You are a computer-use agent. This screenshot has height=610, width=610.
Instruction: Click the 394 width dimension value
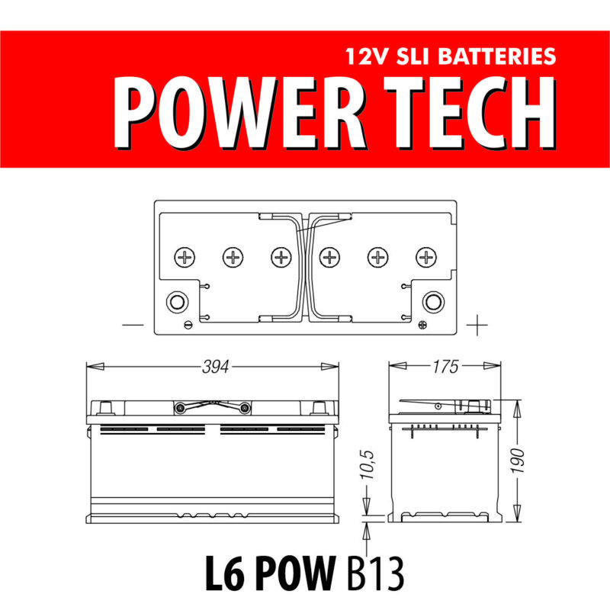tap(217, 367)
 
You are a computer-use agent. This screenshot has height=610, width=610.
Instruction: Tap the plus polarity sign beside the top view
tap(477, 326)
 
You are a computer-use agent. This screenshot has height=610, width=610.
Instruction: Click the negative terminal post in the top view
tap(177, 300)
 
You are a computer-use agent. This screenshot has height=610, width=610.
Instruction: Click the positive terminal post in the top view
tap(433, 300)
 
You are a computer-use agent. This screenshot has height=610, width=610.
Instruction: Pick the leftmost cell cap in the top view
tap(185, 257)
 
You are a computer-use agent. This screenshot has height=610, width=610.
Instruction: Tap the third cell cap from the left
tap(281, 257)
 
